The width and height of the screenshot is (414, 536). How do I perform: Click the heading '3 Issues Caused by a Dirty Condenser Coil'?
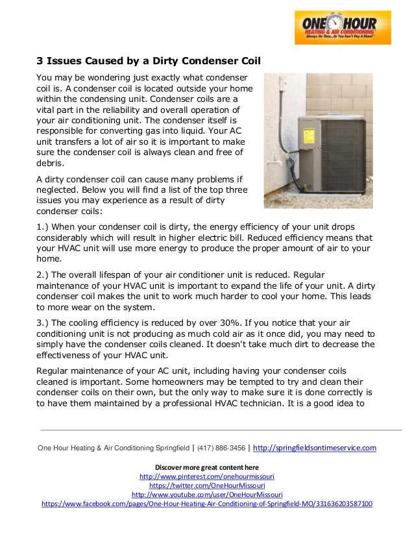(147, 63)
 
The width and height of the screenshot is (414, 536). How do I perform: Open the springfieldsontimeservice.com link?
(314, 448)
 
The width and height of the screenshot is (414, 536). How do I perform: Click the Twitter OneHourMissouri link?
(206, 485)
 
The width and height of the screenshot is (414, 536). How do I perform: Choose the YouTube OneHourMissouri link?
(206, 494)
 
